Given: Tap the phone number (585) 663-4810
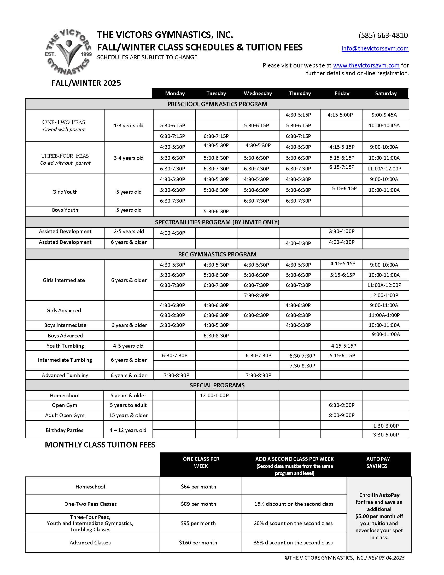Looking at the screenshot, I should [383, 35].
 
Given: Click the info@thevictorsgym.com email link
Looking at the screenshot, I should [375, 48].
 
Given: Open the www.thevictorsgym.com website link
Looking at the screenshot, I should [366, 65].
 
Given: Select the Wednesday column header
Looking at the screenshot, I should [258, 94].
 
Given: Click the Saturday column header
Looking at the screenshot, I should [385, 94].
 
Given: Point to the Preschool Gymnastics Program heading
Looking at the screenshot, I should [217, 104].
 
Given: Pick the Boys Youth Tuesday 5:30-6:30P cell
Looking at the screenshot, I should [216, 211].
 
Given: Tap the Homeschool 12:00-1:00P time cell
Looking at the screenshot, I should [214, 395].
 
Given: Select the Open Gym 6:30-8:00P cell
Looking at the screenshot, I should [341, 405].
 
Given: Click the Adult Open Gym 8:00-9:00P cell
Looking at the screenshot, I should [341, 416].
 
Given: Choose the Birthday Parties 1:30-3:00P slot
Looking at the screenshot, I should [385, 426].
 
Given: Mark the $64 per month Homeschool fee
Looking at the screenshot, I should [198, 487].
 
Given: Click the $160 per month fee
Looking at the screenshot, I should [198, 543].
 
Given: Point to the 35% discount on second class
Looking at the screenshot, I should [293, 543].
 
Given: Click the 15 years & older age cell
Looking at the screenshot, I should [128, 416].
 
